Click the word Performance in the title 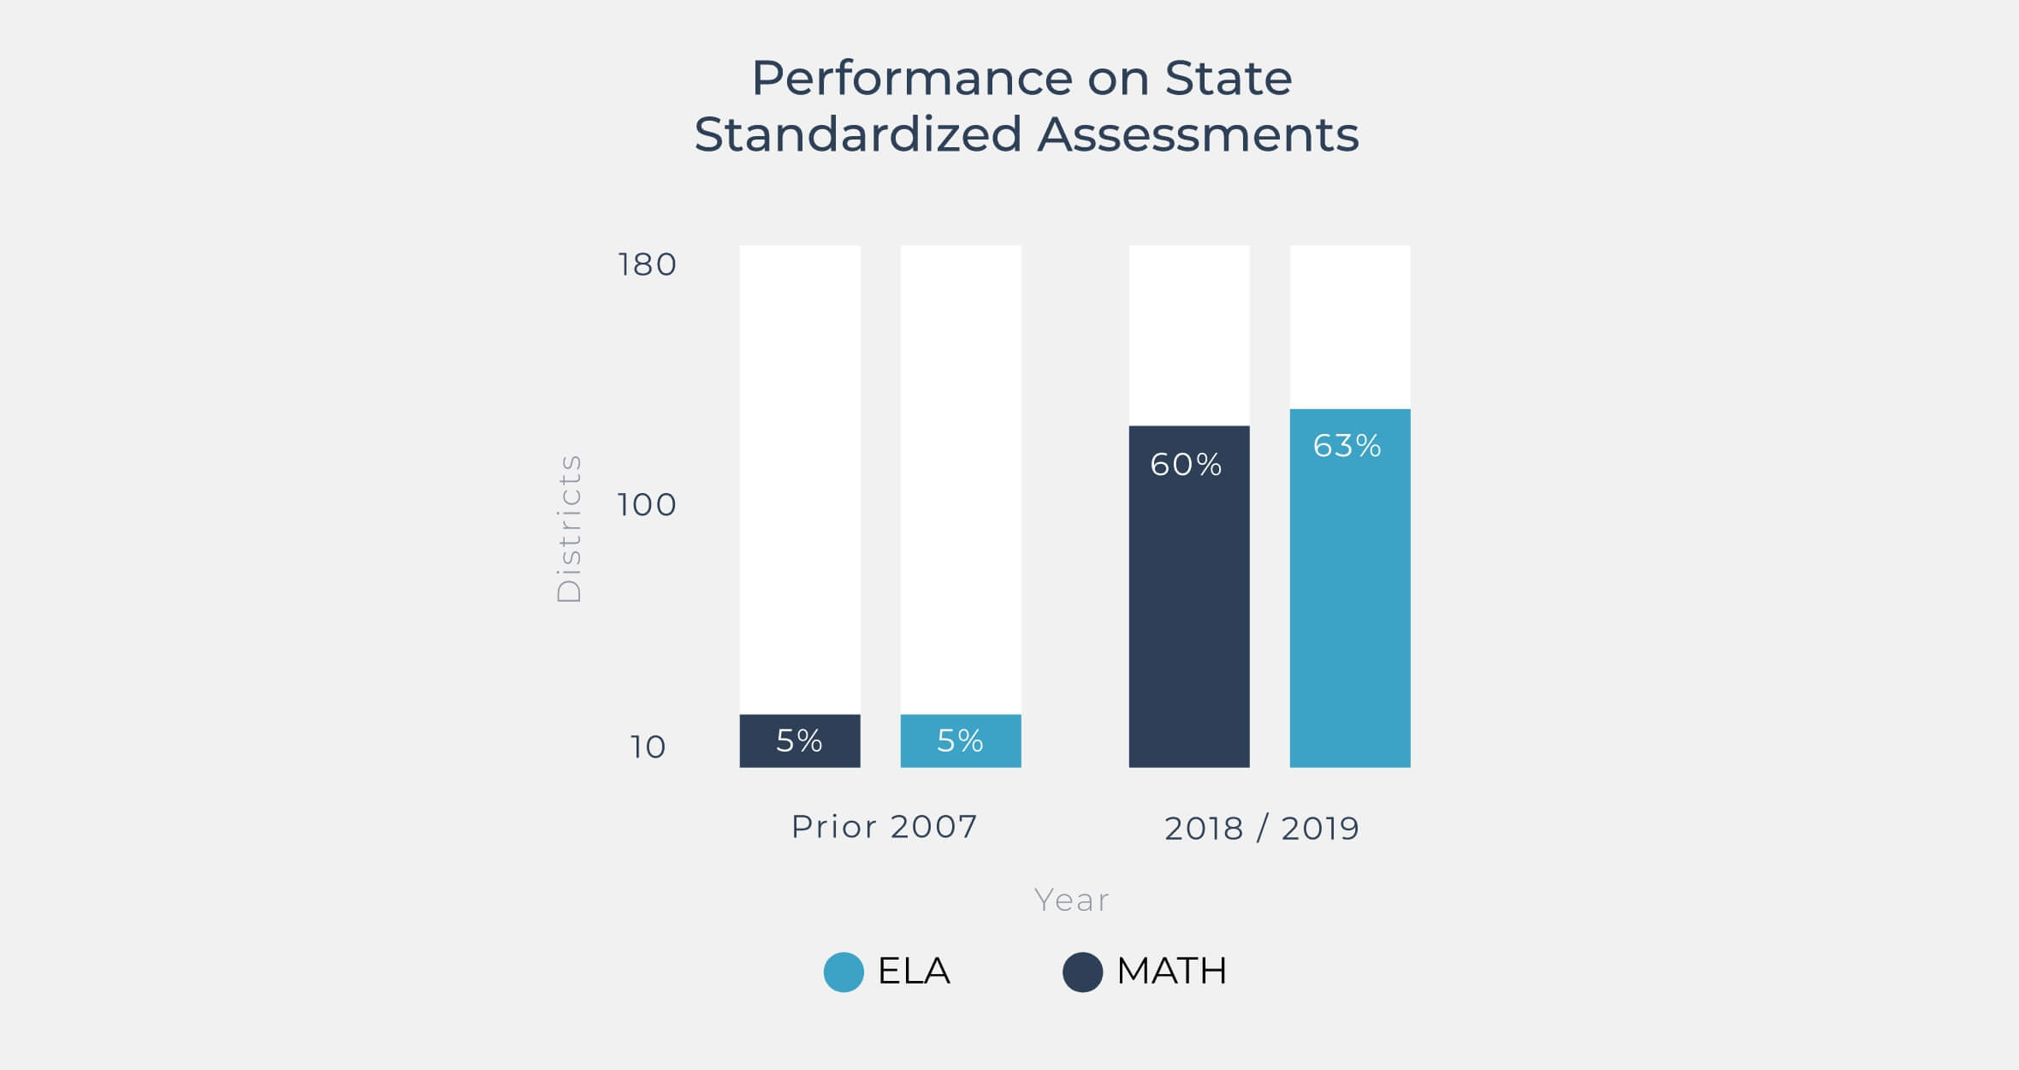coord(912,79)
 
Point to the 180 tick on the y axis coord(647,265)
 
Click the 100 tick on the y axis coord(647,505)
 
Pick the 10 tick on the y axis coord(648,747)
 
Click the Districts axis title coord(569,529)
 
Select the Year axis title coord(1071,900)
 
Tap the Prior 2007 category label coord(884,827)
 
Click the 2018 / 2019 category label coord(1262,829)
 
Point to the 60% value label coord(1186,465)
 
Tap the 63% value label coord(1347,446)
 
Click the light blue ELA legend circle coord(844,972)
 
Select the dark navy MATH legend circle coord(1082,972)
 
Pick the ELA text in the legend coord(914,972)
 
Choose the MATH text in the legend coord(1172,972)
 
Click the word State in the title coord(1228,79)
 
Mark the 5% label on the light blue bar coord(960,740)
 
